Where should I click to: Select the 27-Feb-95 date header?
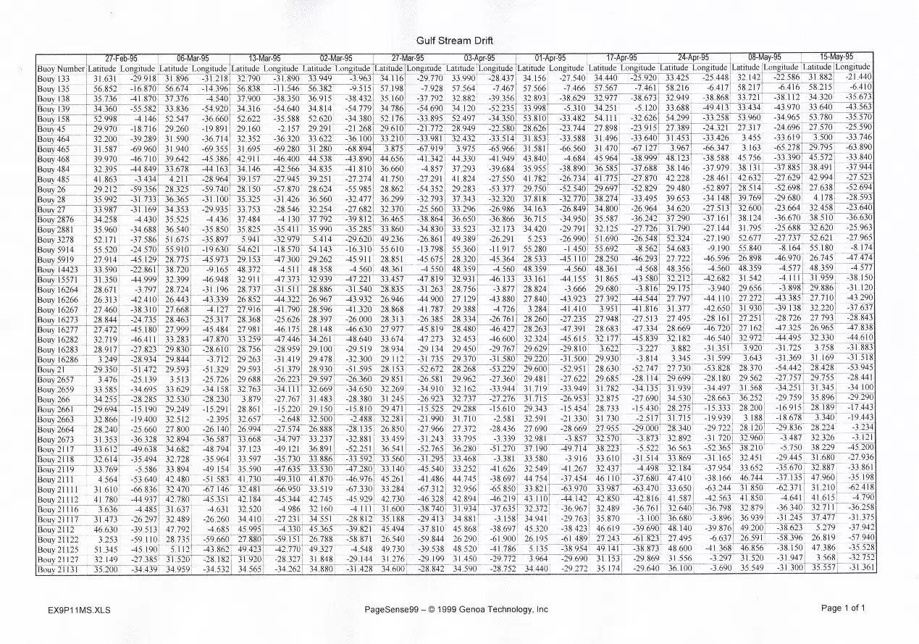pyautogui.click(x=122, y=58)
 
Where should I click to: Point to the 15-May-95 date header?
pyautogui.click(x=836, y=56)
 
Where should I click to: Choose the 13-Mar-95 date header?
pyautogui.click(x=264, y=58)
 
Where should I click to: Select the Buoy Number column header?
pyautogui.click(x=60, y=70)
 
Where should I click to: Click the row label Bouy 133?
pyautogui.click(x=54, y=79)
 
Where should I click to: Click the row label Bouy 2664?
pyautogui.click(x=54, y=430)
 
